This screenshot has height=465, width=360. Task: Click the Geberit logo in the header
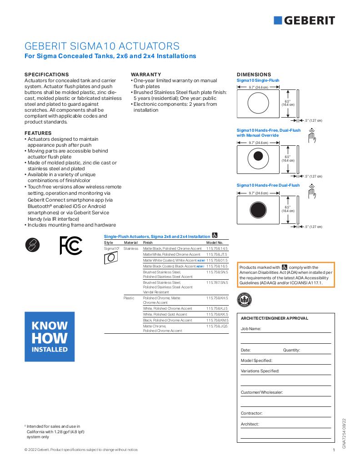(x=304, y=20)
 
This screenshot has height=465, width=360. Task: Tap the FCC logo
(x=70, y=245)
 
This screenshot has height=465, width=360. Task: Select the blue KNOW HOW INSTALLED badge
(x=50, y=336)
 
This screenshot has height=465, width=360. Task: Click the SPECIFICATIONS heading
(x=46, y=74)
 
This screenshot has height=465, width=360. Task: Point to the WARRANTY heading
(x=146, y=74)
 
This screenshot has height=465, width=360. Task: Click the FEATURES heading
(x=38, y=133)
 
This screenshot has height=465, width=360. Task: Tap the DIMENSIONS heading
(x=254, y=74)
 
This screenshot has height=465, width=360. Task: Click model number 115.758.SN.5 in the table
(x=217, y=272)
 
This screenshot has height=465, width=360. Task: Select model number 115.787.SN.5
(x=217, y=282)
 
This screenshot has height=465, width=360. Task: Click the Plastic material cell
(x=129, y=298)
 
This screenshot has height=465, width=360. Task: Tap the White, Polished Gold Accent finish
(x=165, y=314)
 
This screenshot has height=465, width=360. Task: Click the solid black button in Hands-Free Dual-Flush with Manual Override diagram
(x=258, y=157)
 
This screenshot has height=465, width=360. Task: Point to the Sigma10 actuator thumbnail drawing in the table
(x=111, y=258)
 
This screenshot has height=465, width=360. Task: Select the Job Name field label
(x=251, y=328)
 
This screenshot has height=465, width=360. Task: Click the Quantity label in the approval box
(x=291, y=350)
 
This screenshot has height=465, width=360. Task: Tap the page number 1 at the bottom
(x=334, y=450)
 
